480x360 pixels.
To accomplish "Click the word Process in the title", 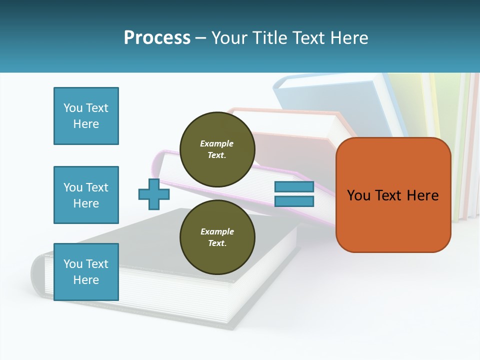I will click(157, 37).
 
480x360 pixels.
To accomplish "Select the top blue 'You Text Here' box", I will click(86, 116).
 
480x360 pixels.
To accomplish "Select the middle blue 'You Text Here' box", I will click(86, 195).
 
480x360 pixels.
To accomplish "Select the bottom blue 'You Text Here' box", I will click(86, 272).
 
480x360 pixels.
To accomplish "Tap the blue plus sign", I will click(154, 194).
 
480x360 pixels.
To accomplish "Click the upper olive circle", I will click(217, 149).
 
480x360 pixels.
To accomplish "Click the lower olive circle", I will click(217, 237).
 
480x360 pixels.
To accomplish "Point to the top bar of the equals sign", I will click(294, 187).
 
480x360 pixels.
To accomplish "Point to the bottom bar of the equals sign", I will click(294, 201).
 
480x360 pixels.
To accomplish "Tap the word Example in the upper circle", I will click(217, 143).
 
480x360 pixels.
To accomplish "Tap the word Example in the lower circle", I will click(217, 231).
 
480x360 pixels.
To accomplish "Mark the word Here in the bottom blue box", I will click(86, 280).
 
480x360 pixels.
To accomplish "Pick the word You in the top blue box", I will click(73, 108).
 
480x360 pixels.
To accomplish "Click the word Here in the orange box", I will click(422, 195).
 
